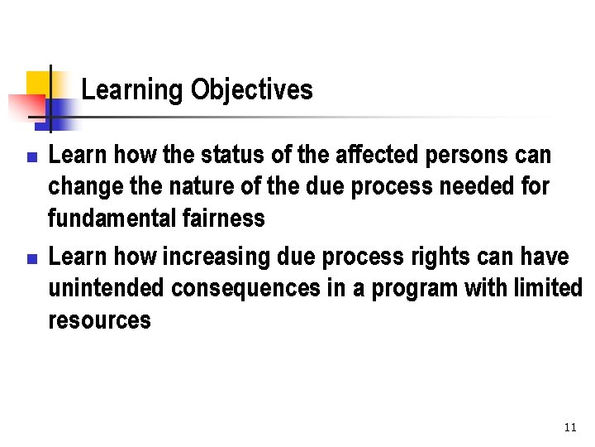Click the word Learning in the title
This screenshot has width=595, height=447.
(133, 89)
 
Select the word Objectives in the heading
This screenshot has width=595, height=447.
(251, 89)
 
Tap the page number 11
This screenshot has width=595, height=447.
(569, 427)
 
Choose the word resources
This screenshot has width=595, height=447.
(99, 320)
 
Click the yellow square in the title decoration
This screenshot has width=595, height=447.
(38, 83)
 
